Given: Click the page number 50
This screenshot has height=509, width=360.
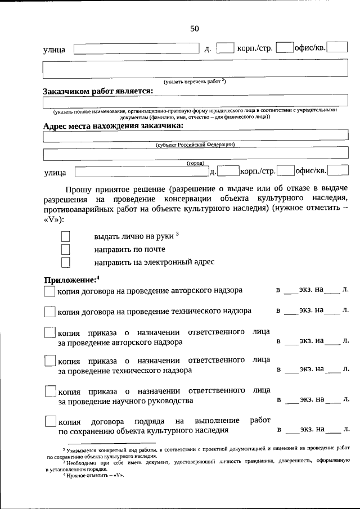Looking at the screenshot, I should (194, 29).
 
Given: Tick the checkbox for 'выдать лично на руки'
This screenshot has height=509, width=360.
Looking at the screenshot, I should (66, 236).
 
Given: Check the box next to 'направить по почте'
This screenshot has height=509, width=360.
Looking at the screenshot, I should (66, 249).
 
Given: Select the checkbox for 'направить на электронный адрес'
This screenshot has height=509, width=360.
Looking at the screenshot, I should (66, 262).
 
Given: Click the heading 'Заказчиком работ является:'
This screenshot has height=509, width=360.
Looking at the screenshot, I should (98, 92).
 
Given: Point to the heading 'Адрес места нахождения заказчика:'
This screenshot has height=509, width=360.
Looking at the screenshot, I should (113, 126).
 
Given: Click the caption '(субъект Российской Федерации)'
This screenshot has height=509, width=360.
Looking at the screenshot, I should (195, 145).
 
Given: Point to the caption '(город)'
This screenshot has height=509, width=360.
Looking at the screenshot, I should (195, 163).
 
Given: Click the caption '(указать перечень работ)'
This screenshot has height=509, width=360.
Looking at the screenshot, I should (195, 82).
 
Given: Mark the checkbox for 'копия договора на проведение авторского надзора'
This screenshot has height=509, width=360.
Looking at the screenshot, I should (49, 291).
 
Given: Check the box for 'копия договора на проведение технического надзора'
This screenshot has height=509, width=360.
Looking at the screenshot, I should (49, 311).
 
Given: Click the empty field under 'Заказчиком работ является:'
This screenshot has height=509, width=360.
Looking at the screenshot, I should (195, 102).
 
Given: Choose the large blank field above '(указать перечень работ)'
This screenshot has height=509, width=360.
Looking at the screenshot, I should (195, 69).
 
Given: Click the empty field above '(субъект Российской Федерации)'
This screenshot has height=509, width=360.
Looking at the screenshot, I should (195, 136).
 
